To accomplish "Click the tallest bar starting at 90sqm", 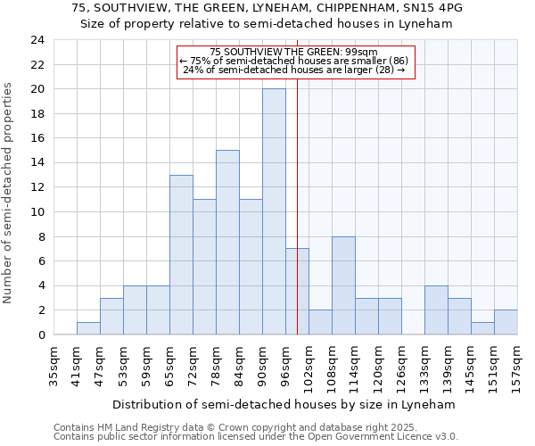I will [x=274, y=212].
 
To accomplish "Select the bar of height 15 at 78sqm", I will [x=227, y=243].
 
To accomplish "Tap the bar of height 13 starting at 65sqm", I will [x=181, y=255].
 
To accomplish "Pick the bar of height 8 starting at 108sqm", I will [x=343, y=285].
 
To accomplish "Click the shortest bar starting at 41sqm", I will [x=88, y=328].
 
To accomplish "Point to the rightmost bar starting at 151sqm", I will [x=506, y=322].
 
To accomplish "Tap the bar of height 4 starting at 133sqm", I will [x=436, y=310].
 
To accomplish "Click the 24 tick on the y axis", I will [x=37, y=40].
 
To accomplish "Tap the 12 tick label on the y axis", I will [x=37, y=187].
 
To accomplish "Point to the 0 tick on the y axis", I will [x=40, y=334].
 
